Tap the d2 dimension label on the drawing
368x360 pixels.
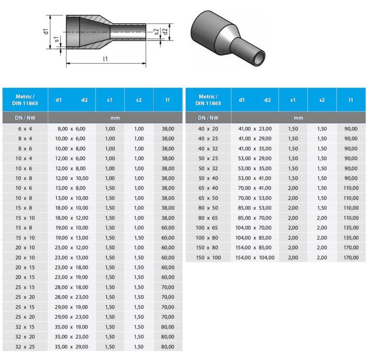click(165, 32)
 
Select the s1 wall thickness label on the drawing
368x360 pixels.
click(57, 39)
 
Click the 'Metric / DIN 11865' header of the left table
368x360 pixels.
click(25, 100)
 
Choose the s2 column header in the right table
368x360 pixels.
click(322, 100)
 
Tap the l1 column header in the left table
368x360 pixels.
click(168, 100)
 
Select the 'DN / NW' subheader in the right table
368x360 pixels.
click(208, 117)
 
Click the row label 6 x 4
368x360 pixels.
click(25, 128)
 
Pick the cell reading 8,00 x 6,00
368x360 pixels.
click(72, 128)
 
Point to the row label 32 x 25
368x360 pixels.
click(25, 347)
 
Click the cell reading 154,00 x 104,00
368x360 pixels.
click(255, 257)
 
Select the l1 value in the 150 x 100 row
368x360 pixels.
click(351, 257)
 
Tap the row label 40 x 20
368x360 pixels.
click(208, 128)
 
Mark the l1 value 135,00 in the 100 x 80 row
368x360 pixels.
click(351, 237)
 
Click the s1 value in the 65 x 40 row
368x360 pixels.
click(293, 188)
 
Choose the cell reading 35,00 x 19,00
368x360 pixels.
click(72, 327)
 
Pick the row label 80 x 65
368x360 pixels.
click(208, 218)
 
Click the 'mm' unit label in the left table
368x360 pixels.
click(115, 117)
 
